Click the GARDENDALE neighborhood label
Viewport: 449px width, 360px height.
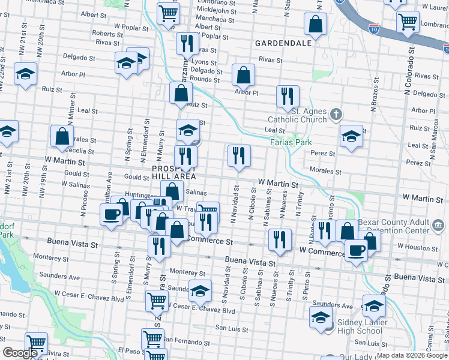pos(283,43)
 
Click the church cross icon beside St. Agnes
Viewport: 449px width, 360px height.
pos(337,113)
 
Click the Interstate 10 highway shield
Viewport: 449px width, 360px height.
pos(373,28)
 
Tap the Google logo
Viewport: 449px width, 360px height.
pos(20,353)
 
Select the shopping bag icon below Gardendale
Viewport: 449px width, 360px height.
pos(244,75)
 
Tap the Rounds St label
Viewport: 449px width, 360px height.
pos(204,79)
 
